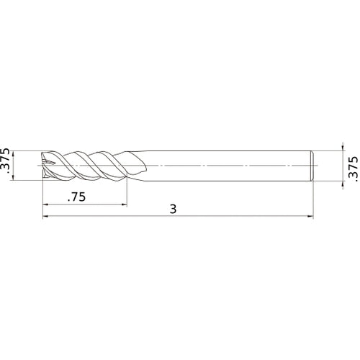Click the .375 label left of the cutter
tap(7, 165)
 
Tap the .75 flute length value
tap(77, 196)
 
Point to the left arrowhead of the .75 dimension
tap(46, 203)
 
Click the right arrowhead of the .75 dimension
tap(124, 203)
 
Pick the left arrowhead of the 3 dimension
tap(46, 215)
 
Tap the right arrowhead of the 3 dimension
tap(312, 215)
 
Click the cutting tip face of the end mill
tap(45, 165)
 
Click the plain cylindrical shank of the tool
tap(230, 165)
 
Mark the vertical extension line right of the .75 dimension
tap(127, 191)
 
